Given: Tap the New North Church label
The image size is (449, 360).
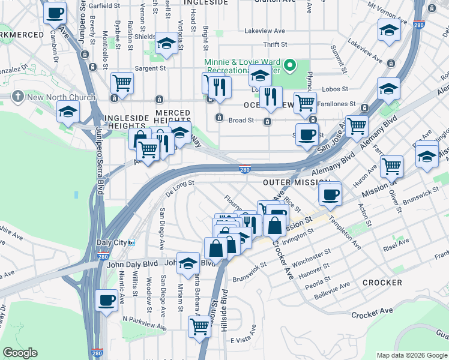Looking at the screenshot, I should [61, 97].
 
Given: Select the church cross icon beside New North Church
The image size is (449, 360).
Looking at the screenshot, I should [19, 96].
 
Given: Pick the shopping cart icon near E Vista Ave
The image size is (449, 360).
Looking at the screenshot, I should [199, 327].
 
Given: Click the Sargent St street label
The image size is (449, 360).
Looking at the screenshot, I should [150, 68].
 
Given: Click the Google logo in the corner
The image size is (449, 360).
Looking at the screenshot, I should [20, 353].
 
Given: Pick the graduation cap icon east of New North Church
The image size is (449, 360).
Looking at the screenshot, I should [68, 111].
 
